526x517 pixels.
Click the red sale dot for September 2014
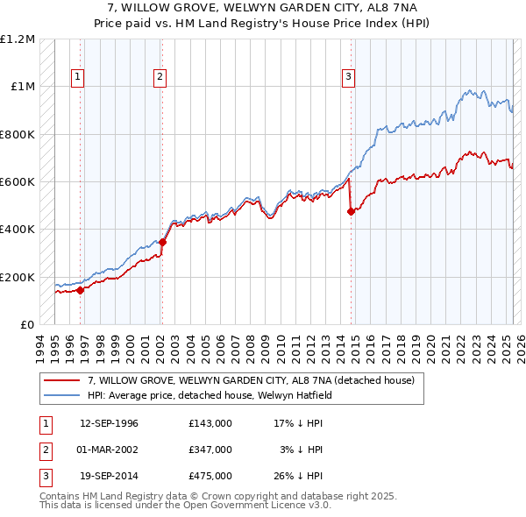click(x=351, y=211)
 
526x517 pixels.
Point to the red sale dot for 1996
click(x=80, y=290)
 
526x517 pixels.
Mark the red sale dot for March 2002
click(x=162, y=242)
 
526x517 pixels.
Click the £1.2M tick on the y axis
click(x=18, y=39)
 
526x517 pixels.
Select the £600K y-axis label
click(x=18, y=182)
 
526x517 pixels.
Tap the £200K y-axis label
click(x=18, y=277)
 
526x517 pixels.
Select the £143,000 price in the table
click(x=210, y=423)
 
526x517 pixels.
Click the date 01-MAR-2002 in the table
click(x=109, y=450)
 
